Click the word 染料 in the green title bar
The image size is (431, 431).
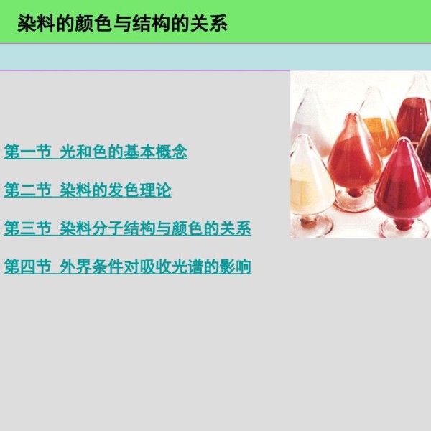click(x=37, y=24)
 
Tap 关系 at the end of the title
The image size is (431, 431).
click(x=208, y=24)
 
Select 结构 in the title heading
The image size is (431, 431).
click(x=151, y=24)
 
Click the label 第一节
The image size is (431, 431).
click(x=28, y=151)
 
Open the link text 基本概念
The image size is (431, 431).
click(x=156, y=151)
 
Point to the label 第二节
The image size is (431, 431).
click(x=28, y=190)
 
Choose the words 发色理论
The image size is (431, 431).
click(x=139, y=190)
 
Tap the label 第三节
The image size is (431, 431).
click(x=28, y=228)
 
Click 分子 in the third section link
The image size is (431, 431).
click(x=108, y=228)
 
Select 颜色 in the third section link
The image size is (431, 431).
click(x=187, y=228)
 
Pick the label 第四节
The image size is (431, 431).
click(x=28, y=266)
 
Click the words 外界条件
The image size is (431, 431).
click(x=92, y=266)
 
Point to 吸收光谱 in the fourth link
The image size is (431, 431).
click(x=156, y=266)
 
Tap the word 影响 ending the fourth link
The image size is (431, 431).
click(x=236, y=266)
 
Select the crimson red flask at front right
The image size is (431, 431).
click(x=402, y=182)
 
